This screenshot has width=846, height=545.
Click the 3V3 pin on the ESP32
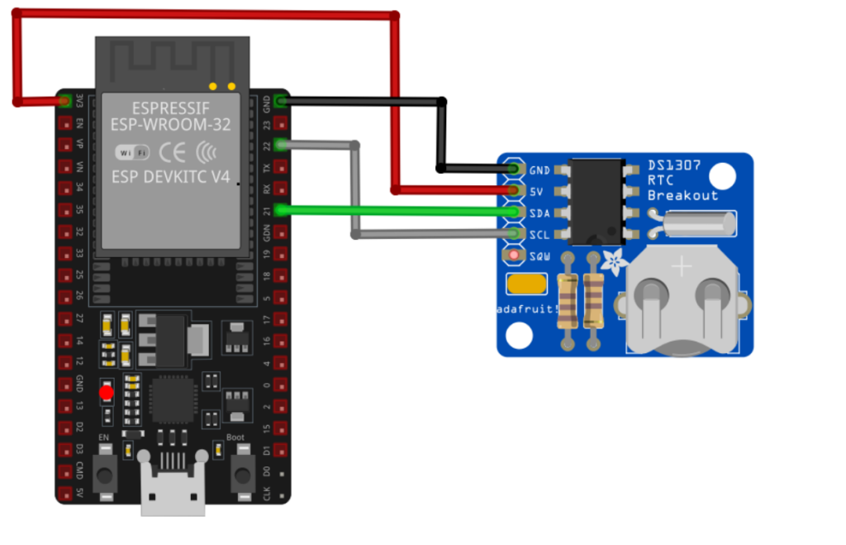64,102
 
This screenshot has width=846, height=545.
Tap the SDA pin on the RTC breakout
516,213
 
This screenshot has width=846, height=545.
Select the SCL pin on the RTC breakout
516,234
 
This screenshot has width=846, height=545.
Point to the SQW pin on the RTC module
516,256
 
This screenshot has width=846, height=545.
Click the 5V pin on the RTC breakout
516,191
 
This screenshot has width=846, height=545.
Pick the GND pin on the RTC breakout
516,170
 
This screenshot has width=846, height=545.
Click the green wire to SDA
397,211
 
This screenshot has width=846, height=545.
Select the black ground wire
364,102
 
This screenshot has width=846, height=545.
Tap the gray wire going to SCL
430,235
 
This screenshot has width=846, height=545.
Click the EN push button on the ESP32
105,474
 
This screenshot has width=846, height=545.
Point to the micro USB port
173,492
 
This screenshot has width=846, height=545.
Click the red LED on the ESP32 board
107,393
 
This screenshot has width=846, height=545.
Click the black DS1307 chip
597,202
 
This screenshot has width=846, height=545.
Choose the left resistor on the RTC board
568,299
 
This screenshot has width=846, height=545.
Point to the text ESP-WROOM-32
172,125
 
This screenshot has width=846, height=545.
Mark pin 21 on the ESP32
282,210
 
